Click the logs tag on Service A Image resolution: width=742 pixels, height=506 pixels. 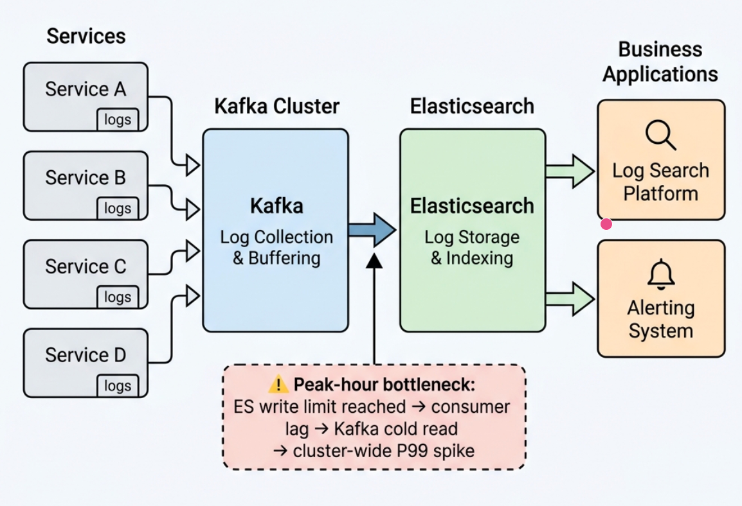pyautogui.click(x=118, y=119)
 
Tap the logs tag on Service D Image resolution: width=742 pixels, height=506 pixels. pyautogui.click(x=118, y=386)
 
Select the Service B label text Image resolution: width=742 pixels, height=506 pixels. pyautogui.click(x=86, y=177)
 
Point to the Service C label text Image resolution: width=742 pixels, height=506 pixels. pyautogui.click(x=86, y=266)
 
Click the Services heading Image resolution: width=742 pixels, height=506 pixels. pyautogui.click(x=86, y=36)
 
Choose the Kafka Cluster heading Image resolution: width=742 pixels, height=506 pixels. pyautogui.click(x=276, y=106)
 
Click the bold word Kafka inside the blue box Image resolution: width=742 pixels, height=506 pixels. pyautogui.click(x=276, y=206)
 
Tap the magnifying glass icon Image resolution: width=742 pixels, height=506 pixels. pyautogui.click(x=660, y=135)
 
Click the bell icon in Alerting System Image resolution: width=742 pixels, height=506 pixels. pyautogui.click(x=661, y=275)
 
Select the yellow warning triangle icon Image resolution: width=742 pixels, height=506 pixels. pyautogui.click(x=278, y=385)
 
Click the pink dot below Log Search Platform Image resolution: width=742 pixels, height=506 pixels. pyautogui.click(x=606, y=224)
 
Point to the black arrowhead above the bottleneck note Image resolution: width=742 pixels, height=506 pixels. pyautogui.click(x=374, y=260)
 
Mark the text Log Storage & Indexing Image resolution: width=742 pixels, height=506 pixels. pyautogui.click(x=472, y=248)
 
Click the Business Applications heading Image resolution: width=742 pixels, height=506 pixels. pyautogui.click(x=660, y=62)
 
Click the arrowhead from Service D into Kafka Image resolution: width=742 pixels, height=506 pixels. pyautogui.click(x=192, y=295)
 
